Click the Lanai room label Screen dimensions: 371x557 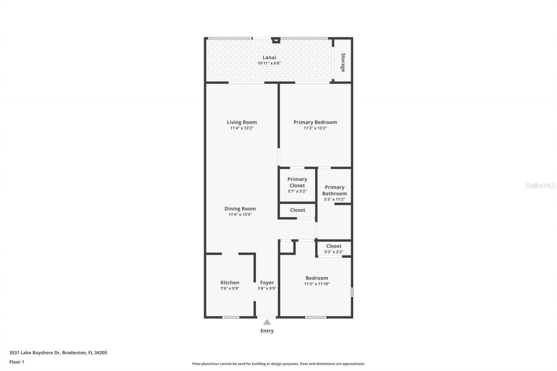(269, 57)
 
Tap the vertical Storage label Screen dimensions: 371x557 (343, 62)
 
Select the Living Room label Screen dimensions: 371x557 (242, 122)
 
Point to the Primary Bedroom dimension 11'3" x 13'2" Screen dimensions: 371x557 (315, 128)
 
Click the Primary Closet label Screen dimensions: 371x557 (297, 182)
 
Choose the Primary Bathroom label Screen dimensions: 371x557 (334, 191)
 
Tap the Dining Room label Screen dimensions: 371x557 (240, 209)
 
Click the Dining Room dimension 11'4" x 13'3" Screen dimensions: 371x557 (240, 215)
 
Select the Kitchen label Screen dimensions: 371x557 (230, 283)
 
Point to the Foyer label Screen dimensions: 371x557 (267, 283)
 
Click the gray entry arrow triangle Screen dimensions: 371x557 (267, 322)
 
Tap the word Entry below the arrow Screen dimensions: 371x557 (267, 331)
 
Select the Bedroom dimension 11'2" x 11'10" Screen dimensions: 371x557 (317, 284)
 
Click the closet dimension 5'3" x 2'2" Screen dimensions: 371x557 (334, 252)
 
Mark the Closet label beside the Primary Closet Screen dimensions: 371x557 (298, 210)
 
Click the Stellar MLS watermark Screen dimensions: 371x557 (540, 185)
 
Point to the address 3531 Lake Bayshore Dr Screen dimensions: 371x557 (58, 353)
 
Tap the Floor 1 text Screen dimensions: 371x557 (17, 362)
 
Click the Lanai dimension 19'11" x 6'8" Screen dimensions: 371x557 (269, 63)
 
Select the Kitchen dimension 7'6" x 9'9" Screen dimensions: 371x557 (230, 288)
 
